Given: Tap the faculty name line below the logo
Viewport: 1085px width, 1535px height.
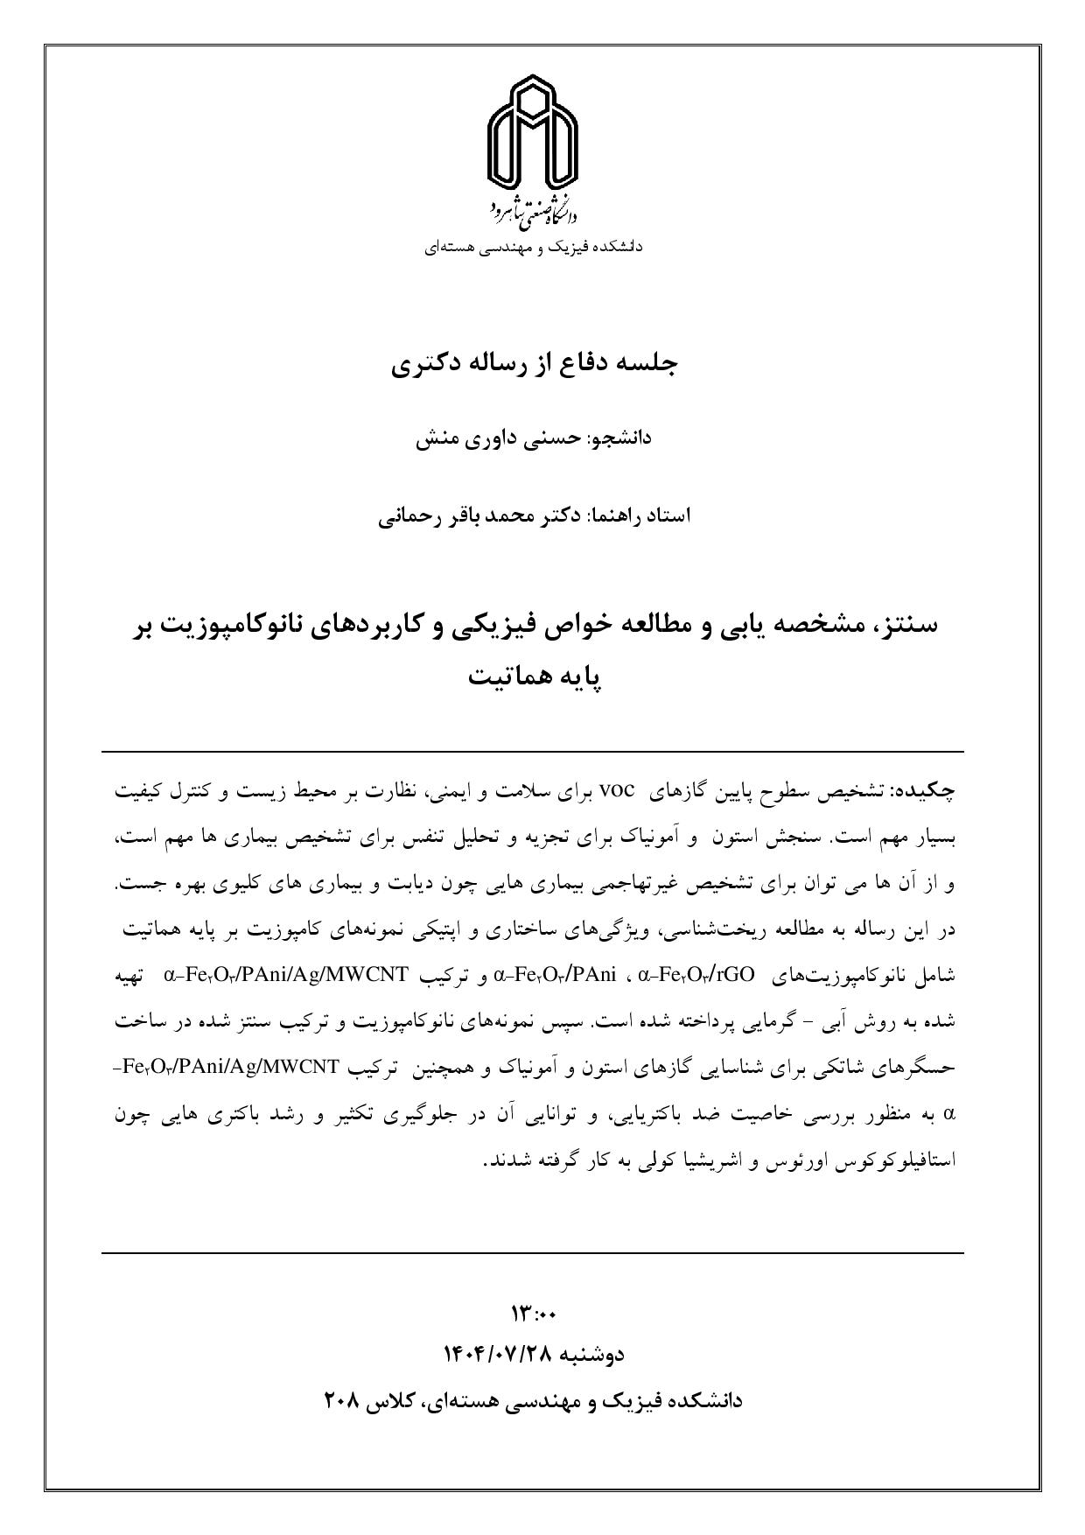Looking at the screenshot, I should [x=534, y=247].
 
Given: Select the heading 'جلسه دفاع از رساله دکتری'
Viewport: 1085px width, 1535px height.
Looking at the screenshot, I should [x=535, y=364].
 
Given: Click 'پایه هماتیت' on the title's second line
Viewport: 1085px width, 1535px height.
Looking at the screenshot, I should [x=535, y=677].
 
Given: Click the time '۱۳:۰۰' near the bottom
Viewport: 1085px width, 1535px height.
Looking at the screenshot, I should [x=534, y=1314].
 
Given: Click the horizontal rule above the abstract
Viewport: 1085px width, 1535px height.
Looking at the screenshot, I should [x=532, y=752].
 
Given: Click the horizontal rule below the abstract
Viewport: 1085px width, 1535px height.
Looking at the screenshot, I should [x=532, y=1253].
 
